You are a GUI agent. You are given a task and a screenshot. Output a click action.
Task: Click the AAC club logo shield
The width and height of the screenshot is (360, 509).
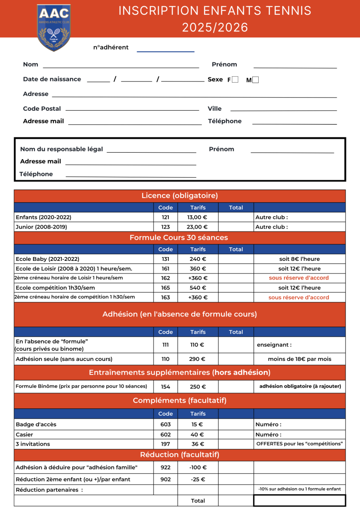[x=53, y=27]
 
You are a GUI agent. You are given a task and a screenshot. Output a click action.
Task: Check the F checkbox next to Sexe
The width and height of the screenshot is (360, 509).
[x=235, y=79]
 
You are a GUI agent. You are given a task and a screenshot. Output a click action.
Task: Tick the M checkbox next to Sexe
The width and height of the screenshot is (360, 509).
[x=255, y=80]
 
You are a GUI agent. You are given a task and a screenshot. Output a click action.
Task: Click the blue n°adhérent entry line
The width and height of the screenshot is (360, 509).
[x=165, y=51]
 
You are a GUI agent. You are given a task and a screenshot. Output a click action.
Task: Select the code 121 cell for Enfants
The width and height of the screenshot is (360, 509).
[x=165, y=217]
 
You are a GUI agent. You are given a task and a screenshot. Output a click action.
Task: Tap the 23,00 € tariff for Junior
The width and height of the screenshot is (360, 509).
[x=198, y=227]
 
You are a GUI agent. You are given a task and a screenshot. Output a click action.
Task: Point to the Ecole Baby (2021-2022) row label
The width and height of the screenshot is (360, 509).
[x=47, y=259]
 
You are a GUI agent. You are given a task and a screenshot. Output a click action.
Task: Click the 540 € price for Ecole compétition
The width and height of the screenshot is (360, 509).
[x=198, y=288]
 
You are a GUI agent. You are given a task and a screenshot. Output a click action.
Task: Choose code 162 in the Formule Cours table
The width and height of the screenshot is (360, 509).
[x=165, y=278]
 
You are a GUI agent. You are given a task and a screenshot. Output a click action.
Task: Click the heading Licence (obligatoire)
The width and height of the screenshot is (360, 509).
[x=179, y=196]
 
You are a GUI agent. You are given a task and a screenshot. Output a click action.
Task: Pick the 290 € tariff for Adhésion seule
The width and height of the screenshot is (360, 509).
[x=198, y=359]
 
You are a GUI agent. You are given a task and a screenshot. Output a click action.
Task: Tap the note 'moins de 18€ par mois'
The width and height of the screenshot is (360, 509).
[x=299, y=359]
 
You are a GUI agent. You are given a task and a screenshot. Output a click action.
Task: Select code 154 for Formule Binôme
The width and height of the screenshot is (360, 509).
[x=165, y=387]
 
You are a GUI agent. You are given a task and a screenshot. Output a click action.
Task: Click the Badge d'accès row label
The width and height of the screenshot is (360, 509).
[x=36, y=424]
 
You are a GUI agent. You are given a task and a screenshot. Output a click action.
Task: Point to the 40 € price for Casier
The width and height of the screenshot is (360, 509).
[x=198, y=434]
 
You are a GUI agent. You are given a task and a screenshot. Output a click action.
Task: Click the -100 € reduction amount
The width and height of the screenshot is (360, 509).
[x=198, y=467]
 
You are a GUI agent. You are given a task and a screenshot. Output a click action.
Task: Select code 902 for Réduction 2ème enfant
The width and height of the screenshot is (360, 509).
[x=165, y=479]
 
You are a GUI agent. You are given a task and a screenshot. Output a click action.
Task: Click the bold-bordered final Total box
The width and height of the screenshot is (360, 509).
[x=299, y=501]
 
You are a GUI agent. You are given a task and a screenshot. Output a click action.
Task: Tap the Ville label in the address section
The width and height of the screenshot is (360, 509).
[x=215, y=109]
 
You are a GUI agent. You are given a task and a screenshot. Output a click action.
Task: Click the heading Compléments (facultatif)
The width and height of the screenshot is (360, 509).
[x=179, y=400]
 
